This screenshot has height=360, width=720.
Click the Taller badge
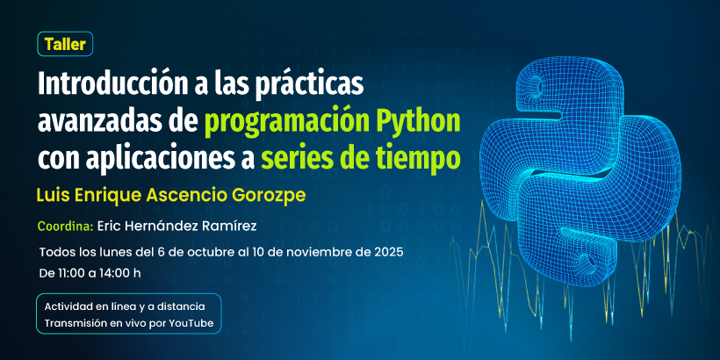point(66,44)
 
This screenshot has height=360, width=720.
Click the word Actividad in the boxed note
point(73,306)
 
